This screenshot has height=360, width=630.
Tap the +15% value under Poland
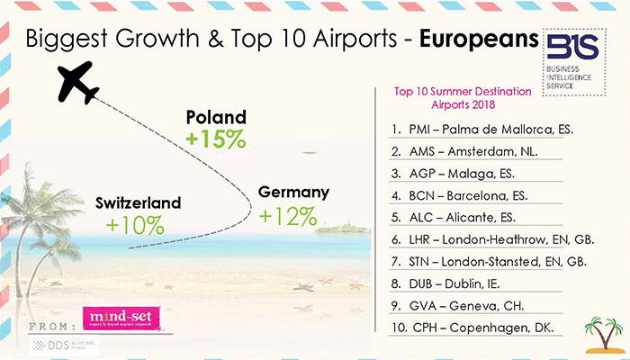coord(215,139)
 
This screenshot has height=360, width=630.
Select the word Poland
coord(215,118)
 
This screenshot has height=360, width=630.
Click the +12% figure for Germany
coord(288,216)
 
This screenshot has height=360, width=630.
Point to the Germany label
coord(293,193)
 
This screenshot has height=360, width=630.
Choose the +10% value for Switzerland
coord(136,225)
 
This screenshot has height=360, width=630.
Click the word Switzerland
coord(138,202)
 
